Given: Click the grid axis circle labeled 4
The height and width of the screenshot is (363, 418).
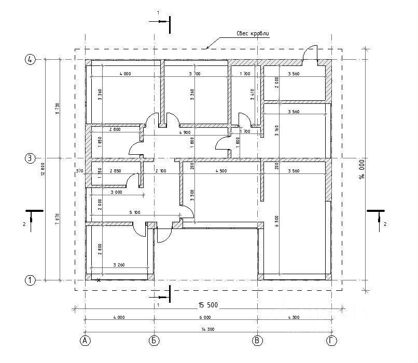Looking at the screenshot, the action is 30,60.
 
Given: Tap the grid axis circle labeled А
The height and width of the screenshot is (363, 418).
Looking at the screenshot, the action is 85,341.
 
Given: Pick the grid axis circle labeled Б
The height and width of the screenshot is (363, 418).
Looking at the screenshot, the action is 155,341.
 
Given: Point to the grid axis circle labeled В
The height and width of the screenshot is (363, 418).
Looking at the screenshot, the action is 257,341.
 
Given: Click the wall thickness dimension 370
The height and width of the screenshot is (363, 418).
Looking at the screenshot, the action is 79,170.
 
